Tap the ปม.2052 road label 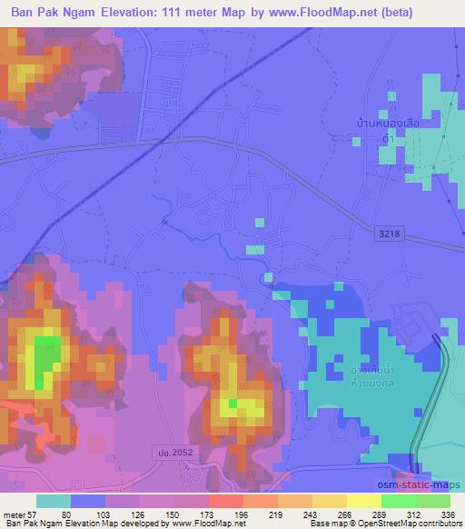click(165, 452)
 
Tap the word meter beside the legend click(13, 514)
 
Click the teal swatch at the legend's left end click(54, 501)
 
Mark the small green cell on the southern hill click(233, 403)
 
